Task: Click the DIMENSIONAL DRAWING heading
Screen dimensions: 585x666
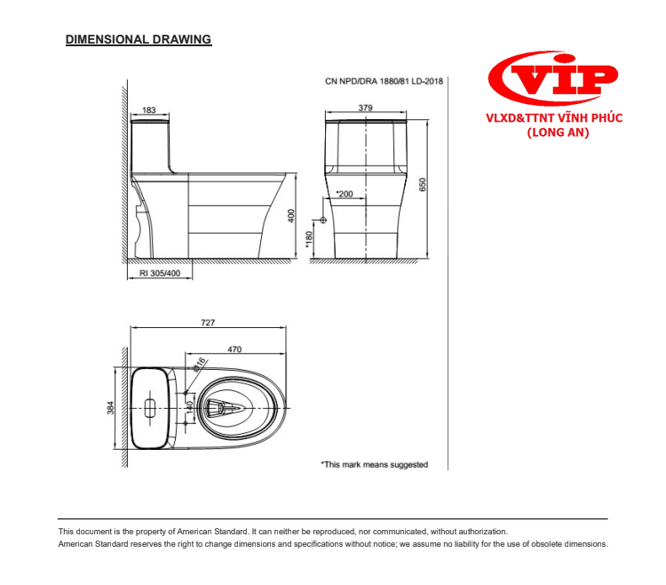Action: point(138,40)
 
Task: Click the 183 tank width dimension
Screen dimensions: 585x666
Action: point(149,110)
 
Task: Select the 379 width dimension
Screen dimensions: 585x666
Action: point(365,108)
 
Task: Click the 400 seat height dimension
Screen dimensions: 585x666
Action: point(290,217)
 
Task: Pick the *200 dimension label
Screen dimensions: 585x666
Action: point(345,193)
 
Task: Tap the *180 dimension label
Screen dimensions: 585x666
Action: point(310,239)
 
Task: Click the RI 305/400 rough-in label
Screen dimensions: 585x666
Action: point(160,274)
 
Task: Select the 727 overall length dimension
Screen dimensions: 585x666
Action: point(208,323)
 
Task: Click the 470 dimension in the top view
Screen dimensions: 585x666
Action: point(234,350)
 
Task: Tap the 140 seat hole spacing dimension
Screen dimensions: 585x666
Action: point(188,409)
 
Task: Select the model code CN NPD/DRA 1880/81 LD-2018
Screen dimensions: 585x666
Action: point(384,81)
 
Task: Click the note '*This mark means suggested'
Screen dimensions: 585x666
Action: point(374,464)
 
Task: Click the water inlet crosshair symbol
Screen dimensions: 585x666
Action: point(322,220)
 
